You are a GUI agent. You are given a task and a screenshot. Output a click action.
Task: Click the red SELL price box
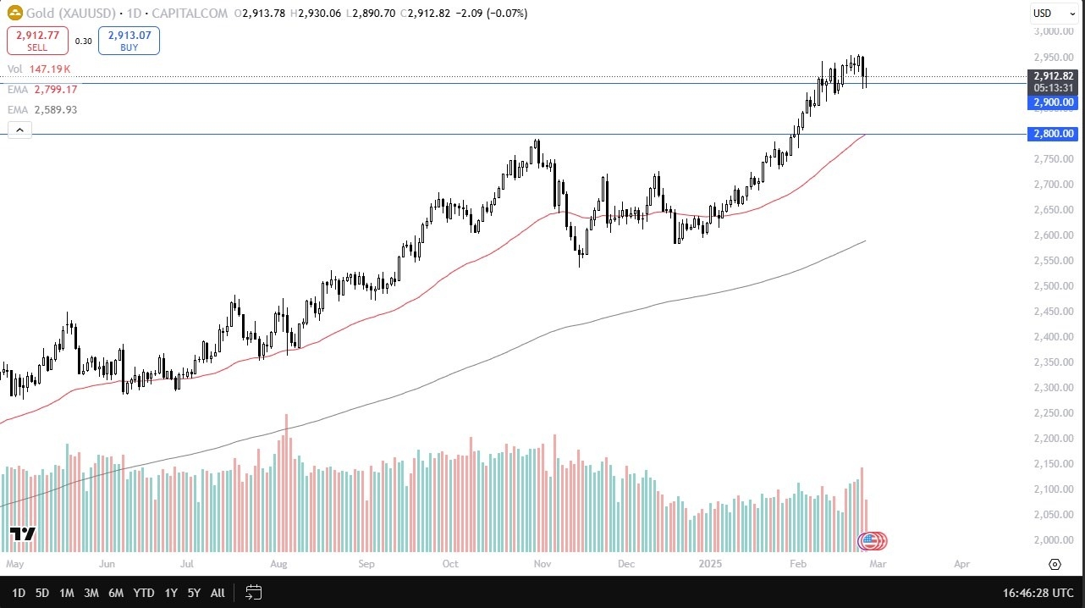click(x=36, y=41)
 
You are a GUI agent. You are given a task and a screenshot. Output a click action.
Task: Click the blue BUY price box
click(x=129, y=41)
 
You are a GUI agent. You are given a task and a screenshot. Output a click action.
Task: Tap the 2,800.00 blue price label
click(x=1053, y=134)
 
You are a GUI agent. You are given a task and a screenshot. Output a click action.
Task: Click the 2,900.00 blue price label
click(x=1053, y=102)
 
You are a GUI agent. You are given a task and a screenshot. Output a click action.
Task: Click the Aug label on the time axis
click(x=280, y=563)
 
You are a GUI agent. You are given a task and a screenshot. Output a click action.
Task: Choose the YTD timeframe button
click(x=144, y=593)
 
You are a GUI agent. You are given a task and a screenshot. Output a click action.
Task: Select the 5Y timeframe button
click(x=194, y=593)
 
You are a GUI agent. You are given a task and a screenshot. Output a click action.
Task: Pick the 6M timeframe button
click(x=116, y=593)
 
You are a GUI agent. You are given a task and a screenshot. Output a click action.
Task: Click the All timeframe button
click(x=218, y=593)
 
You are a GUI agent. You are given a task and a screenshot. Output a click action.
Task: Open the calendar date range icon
click(x=253, y=593)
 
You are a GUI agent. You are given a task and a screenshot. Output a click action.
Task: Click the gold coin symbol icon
click(x=14, y=14)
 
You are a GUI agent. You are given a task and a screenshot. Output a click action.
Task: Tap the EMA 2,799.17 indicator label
click(x=42, y=89)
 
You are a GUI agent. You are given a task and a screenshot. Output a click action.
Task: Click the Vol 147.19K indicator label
click(x=39, y=69)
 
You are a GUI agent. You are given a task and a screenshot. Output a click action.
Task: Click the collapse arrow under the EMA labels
click(x=19, y=130)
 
